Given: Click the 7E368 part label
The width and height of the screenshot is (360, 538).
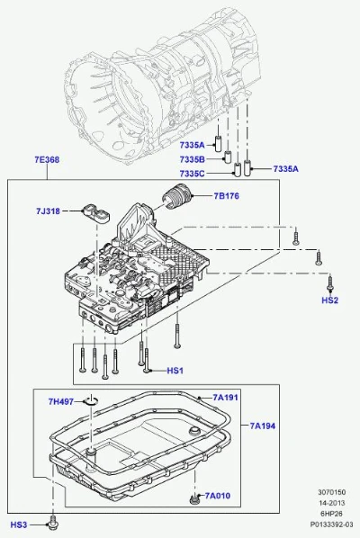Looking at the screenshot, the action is (47, 159).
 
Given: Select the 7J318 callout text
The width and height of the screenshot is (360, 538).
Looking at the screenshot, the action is (48, 211).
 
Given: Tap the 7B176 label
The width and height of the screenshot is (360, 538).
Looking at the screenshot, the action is (227, 196).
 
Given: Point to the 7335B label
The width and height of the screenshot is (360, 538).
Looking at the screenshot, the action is (193, 159).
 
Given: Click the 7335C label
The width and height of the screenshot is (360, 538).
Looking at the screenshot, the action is (193, 174).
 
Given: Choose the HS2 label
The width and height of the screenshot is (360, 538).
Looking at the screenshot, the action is (329, 300).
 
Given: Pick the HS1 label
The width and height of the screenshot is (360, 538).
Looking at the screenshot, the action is (175, 371).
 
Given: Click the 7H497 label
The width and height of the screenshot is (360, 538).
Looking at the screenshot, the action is (60, 401).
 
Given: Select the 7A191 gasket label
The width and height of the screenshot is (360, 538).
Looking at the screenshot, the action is (226, 398).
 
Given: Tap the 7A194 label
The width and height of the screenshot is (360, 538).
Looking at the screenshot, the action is (263, 426).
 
